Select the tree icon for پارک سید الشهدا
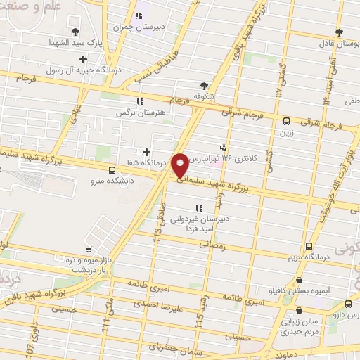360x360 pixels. tap(75, 30)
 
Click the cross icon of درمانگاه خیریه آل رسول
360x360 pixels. tap(84, 59)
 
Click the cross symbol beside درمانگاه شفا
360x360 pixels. tap(146, 151)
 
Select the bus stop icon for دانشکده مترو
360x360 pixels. tap(112, 170)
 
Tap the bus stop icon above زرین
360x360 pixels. tap(286, 121)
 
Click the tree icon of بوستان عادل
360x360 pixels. tap(339, 32)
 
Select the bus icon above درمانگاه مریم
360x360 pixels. tap(309, 246)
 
